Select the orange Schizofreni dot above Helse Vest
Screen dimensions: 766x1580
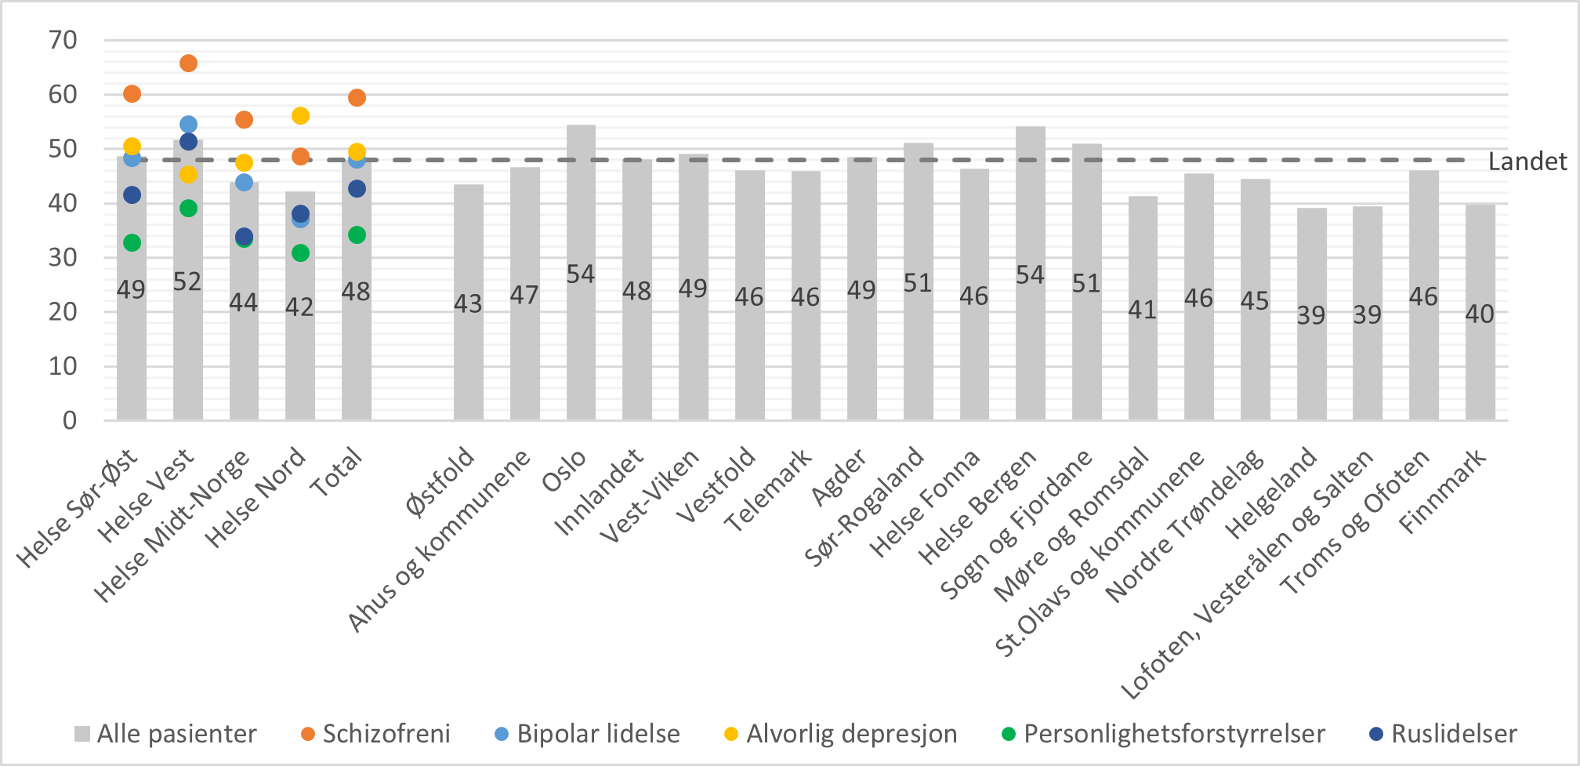coord(188,64)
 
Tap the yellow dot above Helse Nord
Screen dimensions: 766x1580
coord(300,116)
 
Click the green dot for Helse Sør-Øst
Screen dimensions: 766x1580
coord(132,243)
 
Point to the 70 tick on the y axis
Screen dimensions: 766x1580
coord(63,40)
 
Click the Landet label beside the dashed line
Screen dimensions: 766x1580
coord(1527,162)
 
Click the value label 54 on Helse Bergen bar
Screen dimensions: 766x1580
coord(1030,274)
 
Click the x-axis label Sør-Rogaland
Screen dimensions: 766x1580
coord(867,508)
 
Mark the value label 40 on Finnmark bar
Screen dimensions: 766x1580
coord(1480,314)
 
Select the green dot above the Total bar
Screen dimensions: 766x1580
coord(357,235)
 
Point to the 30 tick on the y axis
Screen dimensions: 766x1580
coord(63,257)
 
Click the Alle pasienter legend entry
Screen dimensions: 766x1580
coord(165,734)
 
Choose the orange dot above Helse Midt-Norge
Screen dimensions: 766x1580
coord(244,120)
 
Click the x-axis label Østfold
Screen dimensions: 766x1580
coord(442,481)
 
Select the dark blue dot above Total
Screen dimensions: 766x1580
coord(357,189)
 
